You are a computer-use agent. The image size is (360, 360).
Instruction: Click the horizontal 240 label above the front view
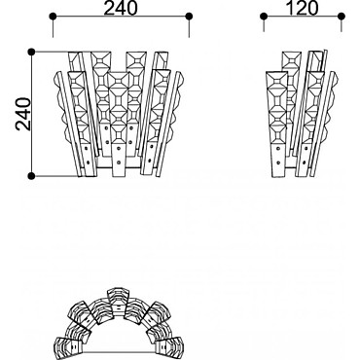coord(121,8)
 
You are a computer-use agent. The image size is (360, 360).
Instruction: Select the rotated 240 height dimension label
coord(23,114)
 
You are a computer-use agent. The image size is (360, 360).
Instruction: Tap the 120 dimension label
coord(303,8)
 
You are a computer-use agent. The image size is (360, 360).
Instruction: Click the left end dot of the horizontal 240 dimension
coord(53,16)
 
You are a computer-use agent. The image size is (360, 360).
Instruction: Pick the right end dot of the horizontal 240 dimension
coord(190,16)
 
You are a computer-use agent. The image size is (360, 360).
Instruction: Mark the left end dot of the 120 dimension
coord(264,16)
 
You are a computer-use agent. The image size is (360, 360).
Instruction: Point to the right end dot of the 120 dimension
coord(342,16)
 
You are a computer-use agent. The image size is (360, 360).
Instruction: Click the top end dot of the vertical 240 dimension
coord(31,52)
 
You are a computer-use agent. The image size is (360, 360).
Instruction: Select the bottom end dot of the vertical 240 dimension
coord(31,176)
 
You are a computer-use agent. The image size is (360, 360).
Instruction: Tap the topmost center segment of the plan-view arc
coord(118,301)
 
